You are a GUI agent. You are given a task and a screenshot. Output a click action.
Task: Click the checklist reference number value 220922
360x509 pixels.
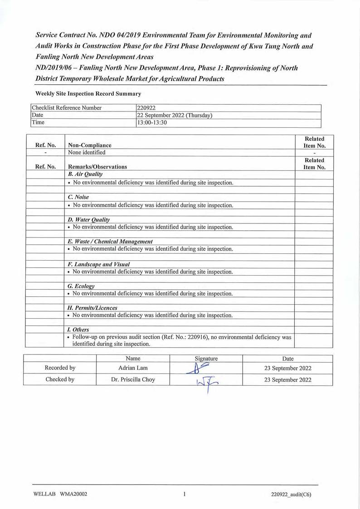click(146, 108)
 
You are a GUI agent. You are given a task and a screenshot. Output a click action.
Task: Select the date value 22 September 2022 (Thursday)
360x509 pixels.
click(175, 115)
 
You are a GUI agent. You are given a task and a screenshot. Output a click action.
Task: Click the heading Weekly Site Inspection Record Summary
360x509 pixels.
click(88, 94)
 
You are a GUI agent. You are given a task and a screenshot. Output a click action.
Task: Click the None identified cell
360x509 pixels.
click(87, 152)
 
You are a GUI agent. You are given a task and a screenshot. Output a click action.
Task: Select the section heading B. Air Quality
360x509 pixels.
click(85, 174)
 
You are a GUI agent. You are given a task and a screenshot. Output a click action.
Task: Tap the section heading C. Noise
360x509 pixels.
click(78, 197)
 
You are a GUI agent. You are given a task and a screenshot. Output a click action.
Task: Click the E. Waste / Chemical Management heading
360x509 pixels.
click(110, 241)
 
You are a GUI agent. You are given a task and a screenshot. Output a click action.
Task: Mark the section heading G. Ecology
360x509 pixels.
click(81, 286)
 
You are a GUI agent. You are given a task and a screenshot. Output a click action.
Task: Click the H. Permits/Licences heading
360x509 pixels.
click(92, 308)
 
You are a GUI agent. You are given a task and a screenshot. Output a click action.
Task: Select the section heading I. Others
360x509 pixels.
click(78, 330)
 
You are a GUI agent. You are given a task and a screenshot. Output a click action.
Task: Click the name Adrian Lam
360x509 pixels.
click(133, 368)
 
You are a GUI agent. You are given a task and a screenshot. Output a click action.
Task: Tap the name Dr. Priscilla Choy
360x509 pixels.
click(133, 380)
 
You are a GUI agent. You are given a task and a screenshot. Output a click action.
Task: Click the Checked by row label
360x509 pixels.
click(60, 380)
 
